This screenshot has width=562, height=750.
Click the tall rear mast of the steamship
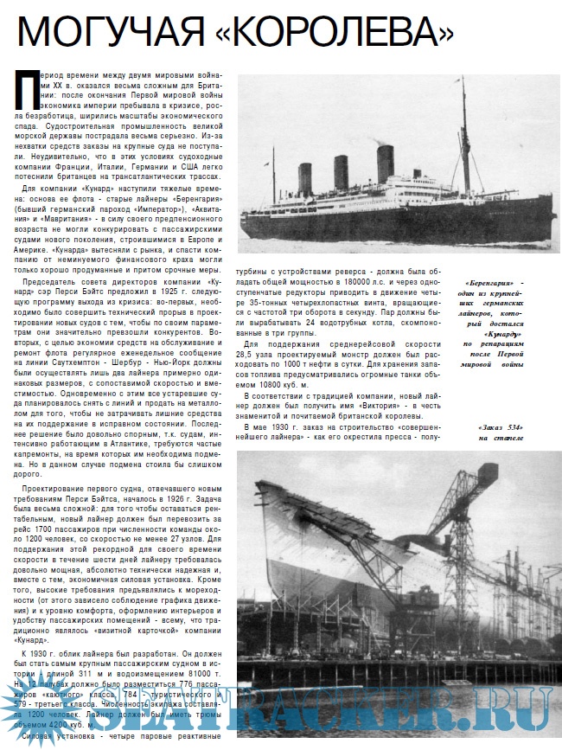click(463, 130)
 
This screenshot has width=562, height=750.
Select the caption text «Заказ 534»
click(501, 427)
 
